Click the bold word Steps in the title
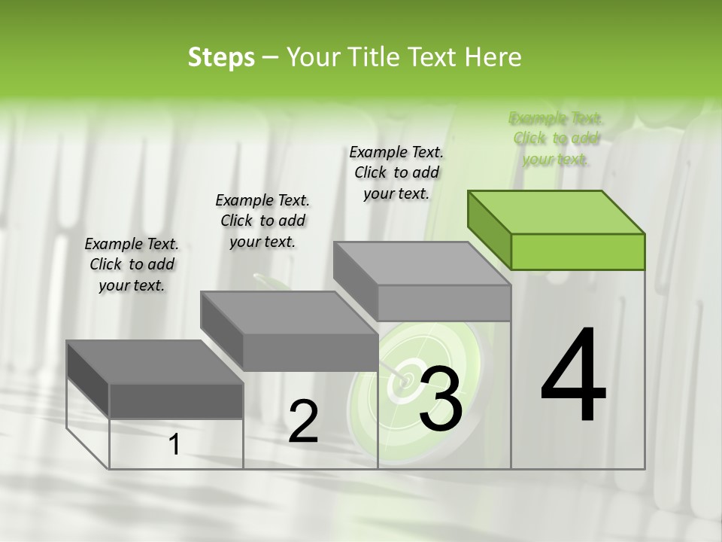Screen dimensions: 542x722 [221, 57]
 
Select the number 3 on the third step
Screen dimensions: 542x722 [440, 397]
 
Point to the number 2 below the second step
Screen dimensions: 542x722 [303, 422]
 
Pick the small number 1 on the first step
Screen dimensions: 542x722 [174, 445]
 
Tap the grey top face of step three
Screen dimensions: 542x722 [421, 263]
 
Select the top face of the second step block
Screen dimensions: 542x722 [289, 312]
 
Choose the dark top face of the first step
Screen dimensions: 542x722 [154, 362]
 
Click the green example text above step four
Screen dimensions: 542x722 [556, 139]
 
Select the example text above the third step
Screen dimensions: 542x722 [396, 172]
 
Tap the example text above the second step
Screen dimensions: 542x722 [262, 221]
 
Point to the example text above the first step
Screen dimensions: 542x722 [132, 264]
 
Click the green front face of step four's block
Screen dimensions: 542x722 [578, 251]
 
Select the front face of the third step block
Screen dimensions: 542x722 [444, 303]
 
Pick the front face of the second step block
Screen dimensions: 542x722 [310, 352]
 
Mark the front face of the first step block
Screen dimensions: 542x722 [176, 400]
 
